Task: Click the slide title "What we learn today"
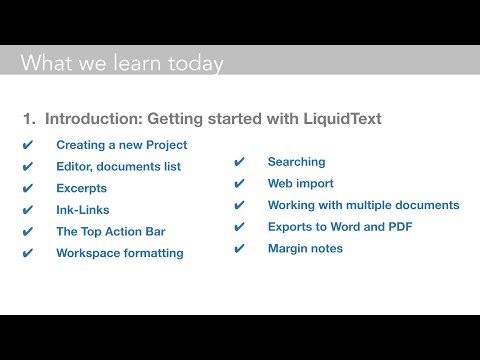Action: pos(122,64)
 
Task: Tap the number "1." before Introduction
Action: pos(29,119)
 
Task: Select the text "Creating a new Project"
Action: pos(121,145)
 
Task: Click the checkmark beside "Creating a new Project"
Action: pos(28,145)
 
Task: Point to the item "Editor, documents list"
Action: pos(118,166)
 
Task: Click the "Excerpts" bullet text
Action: pos(81,188)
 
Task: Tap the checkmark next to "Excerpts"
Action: pos(28,188)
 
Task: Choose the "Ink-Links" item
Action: pos(83,210)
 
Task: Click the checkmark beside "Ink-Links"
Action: pos(28,210)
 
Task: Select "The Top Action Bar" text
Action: pos(110,231)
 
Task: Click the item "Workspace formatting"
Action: pos(119,253)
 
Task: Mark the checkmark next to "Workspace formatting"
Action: pos(28,253)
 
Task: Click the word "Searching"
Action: pos(296,162)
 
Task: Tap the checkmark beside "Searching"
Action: pos(239,162)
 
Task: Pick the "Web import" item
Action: pos(300,184)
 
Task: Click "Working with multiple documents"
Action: pos(363,205)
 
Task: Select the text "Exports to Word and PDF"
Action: pos(339,227)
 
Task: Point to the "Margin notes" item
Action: pos(305,248)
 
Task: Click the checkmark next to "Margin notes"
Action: pos(239,248)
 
